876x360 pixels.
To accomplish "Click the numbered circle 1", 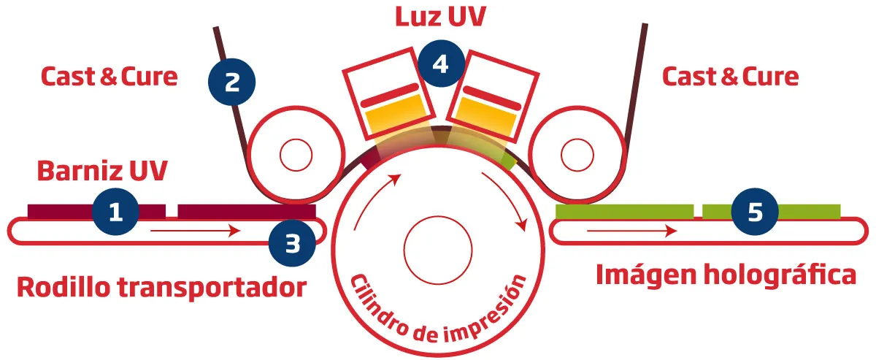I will coord(115,212).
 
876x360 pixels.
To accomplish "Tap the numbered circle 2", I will coord(232,82).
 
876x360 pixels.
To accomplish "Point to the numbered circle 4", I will coord(440,65).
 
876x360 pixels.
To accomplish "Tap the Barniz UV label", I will coord(102,172).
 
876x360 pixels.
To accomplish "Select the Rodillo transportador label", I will coord(161,287).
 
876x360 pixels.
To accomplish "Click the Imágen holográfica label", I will coord(726,275).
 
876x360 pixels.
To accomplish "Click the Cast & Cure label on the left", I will coord(109,76).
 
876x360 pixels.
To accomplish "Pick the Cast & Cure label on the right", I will coord(730,76).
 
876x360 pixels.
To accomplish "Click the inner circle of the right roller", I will coord(577,154).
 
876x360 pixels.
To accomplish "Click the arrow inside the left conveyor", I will coord(196,231).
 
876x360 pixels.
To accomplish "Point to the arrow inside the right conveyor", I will coord(631,231).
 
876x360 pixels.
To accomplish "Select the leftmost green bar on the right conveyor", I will coord(624,211).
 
